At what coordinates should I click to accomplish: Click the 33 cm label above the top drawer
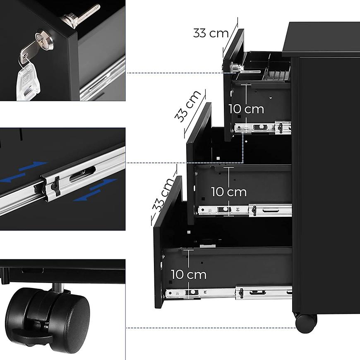[211, 33]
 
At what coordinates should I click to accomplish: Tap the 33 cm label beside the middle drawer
[188, 106]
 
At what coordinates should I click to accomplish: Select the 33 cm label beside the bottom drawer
[163, 195]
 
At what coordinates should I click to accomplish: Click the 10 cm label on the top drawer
[246, 109]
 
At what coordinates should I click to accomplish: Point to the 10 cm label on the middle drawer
[229, 192]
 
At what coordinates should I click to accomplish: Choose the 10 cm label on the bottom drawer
[189, 275]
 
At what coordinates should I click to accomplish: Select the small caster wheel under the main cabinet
[306, 324]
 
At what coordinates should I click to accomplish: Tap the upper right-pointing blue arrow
[33, 166]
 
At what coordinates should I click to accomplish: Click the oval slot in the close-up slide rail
[82, 174]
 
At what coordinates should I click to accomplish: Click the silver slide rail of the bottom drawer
[229, 293]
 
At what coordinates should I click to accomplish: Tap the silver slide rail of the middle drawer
[245, 210]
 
